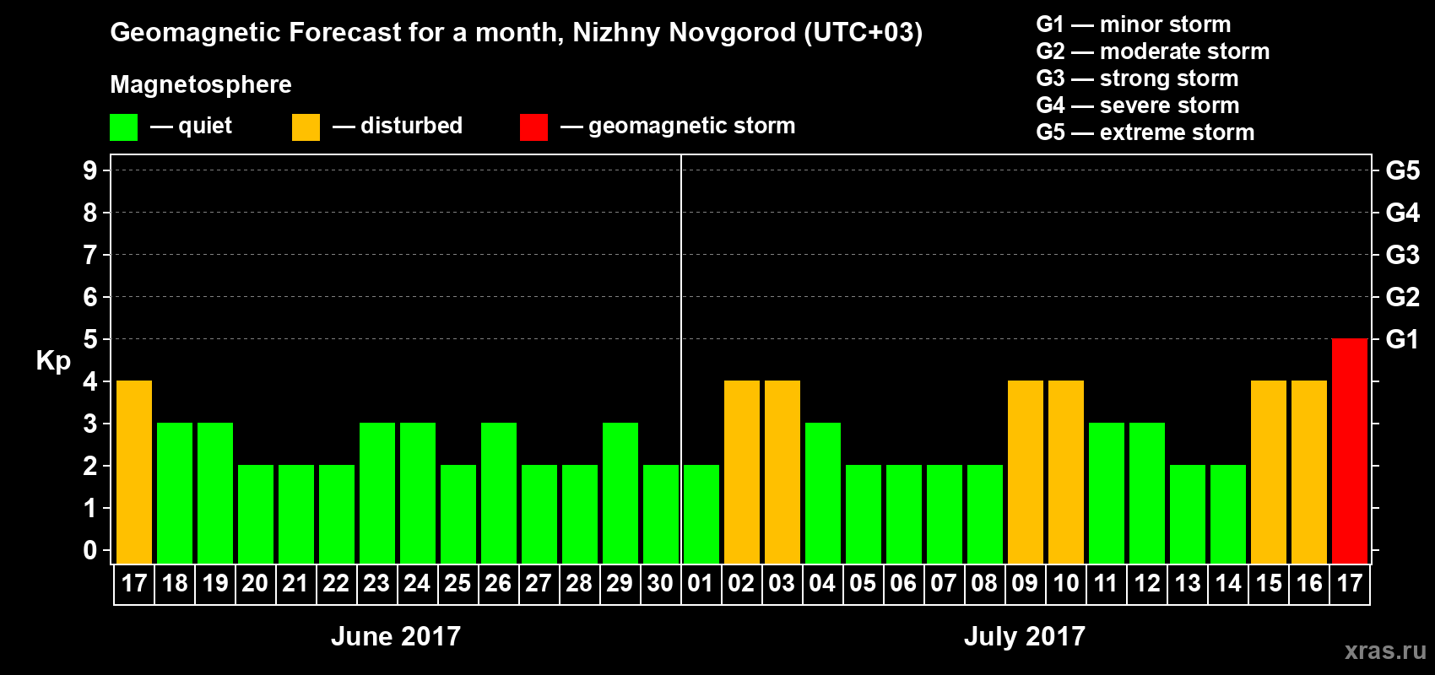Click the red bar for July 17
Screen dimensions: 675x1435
point(1349,451)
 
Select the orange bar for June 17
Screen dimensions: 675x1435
point(134,472)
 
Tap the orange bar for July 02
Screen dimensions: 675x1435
point(742,472)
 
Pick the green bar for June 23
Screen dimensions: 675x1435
point(377,493)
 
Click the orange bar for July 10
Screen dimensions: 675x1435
point(1066,472)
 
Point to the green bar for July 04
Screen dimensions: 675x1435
point(823,493)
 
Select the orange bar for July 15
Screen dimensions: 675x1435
point(1269,472)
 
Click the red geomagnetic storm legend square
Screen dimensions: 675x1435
point(533,127)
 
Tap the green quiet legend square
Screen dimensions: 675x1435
point(123,127)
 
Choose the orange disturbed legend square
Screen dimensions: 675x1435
point(306,127)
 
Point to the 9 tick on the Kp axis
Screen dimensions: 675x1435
point(90,170)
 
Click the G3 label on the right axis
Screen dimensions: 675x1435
point(1402,255)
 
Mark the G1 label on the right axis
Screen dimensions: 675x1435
point(1402,339)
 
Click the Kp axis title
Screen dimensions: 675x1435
point(53,361)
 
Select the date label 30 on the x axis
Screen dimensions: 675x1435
point(660,583)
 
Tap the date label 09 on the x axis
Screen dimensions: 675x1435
point(1025,583)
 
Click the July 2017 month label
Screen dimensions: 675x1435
point(1024,636)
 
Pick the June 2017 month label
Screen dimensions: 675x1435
point(396,636)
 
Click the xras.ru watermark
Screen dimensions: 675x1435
point(1385,651)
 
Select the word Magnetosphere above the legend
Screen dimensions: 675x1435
point(201,84)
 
